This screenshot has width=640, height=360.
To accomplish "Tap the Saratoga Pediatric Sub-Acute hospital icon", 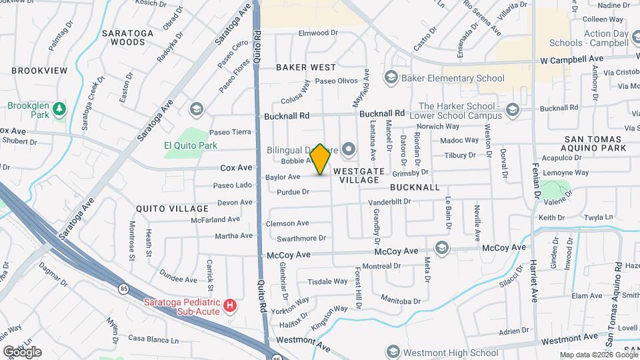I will click(x=230, y=306).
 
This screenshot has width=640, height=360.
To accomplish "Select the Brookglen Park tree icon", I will click(x=59, y=108).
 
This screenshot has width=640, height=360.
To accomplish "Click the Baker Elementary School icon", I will click(x=391, y=78).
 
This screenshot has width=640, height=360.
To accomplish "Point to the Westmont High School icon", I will click(x=393, y=353).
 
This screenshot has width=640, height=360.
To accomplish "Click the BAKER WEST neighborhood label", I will click(x=306, y=67).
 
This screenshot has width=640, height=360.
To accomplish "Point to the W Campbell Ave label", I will click(x=571, y=59).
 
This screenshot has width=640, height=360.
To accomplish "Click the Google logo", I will click(x=22, y=351).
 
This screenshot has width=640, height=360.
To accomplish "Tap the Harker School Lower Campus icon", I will click(x=512, y=109).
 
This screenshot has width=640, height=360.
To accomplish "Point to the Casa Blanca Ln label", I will click(x=154, y=339).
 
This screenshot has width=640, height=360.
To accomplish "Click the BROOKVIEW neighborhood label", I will click(x=39, y=70).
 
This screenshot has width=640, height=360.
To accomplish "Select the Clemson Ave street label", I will click(x=287, y=223).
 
